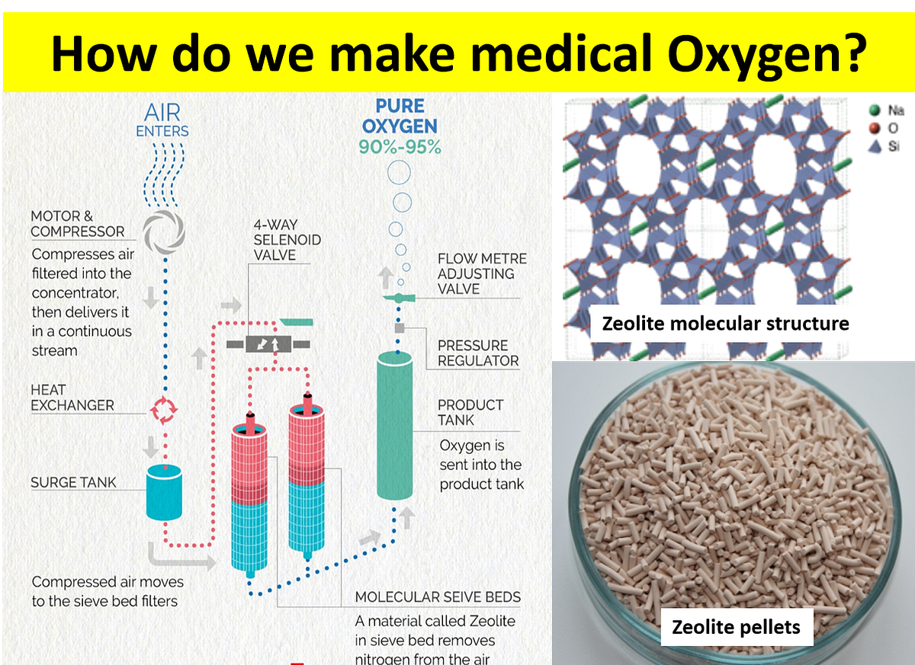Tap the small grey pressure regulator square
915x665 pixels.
click(x=398, y=328)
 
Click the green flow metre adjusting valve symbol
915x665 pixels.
click(x=398, y=297)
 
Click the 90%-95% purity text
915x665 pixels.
click(x=400, y=147)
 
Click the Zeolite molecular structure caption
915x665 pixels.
click(x=725, y=324)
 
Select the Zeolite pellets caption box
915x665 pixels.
click(x=736, y=627)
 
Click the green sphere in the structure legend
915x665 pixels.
click(x=873, y=110)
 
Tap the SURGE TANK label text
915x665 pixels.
click(x=74, y=482)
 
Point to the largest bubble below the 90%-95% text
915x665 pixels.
click(x=400, y=174)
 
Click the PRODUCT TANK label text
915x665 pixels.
click(x=470, y=412)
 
